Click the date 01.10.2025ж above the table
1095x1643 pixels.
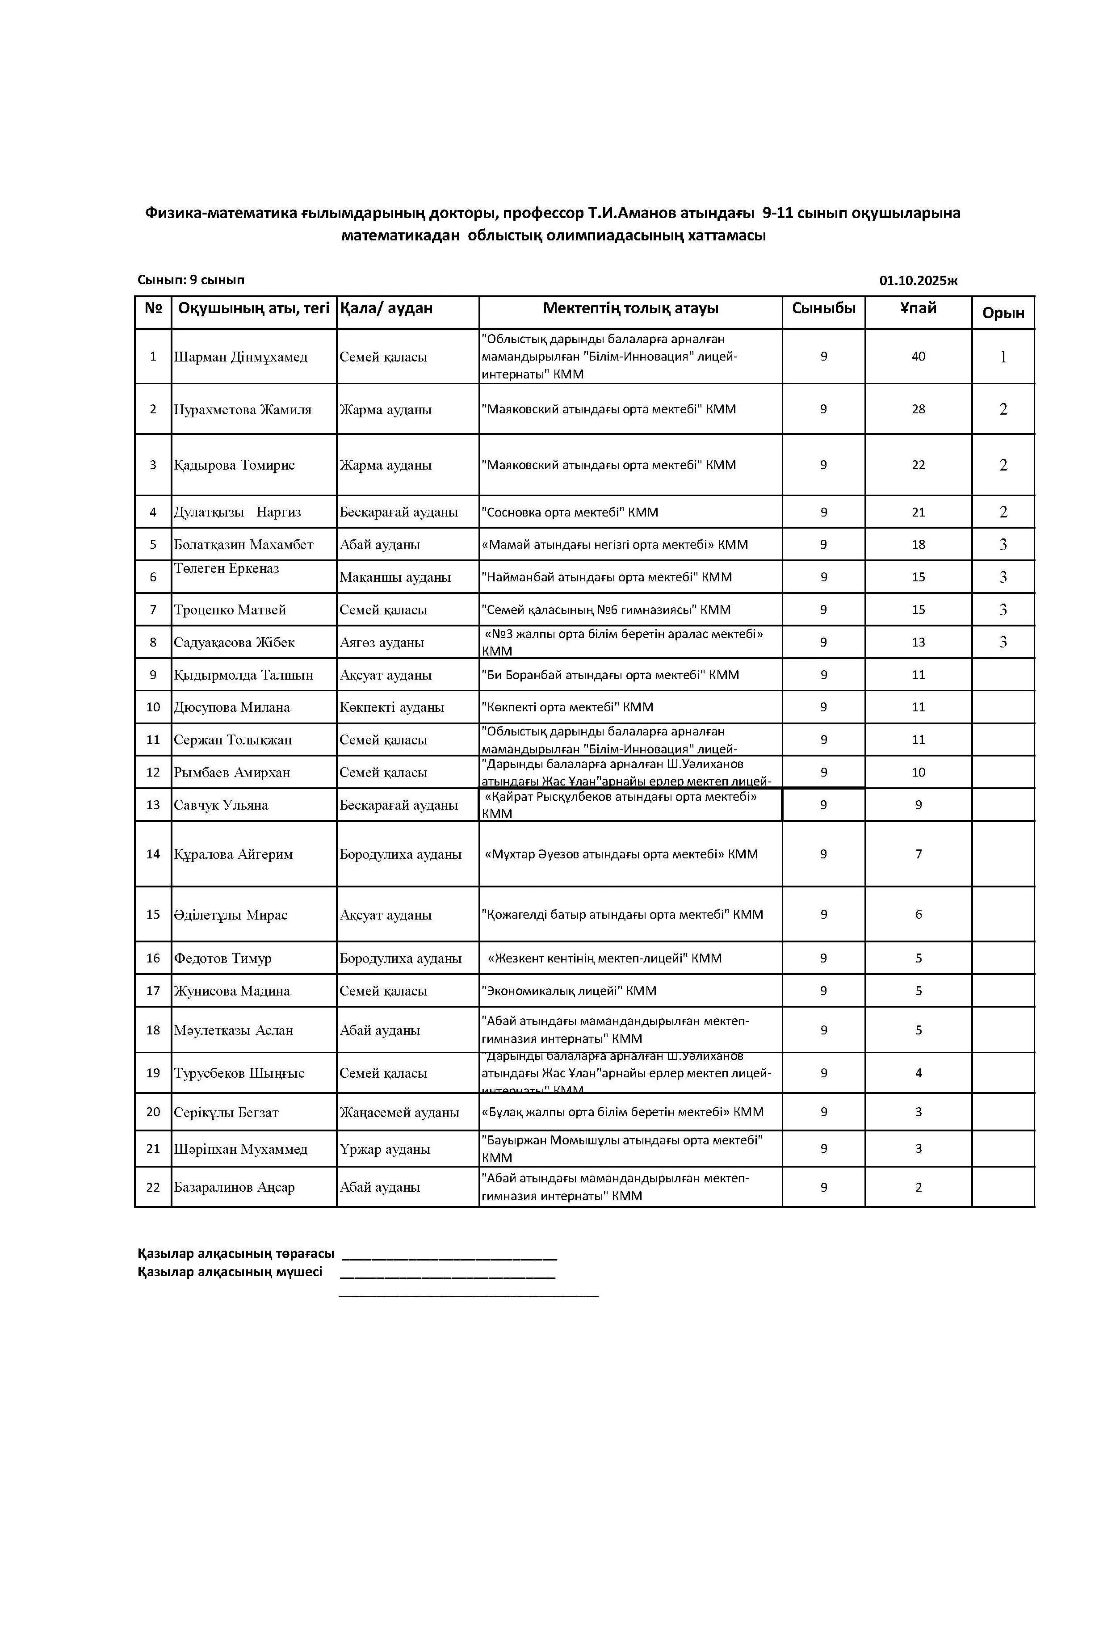[x=918, y=281]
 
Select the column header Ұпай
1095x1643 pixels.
[x=918, y=308]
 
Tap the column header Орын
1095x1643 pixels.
[x=1003, y=313]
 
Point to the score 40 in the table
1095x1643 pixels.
[x=918, y=356]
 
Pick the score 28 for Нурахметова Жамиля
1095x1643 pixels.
[x=918, y=409]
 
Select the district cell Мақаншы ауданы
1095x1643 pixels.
[x=394, y=577]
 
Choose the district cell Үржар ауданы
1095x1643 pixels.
[x=384, y=1149]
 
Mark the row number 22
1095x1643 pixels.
[x=153, y=1187]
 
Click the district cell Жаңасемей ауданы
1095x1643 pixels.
[x=399, y=1112]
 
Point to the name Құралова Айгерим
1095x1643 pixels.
[x=233, y=854]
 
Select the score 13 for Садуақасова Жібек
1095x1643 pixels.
[x=918, y=642]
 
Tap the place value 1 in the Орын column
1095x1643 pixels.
[x=1003, y=357]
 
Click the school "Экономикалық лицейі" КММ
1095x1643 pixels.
[x=568, y=990]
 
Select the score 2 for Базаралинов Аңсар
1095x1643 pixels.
[x=918, y=1187]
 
